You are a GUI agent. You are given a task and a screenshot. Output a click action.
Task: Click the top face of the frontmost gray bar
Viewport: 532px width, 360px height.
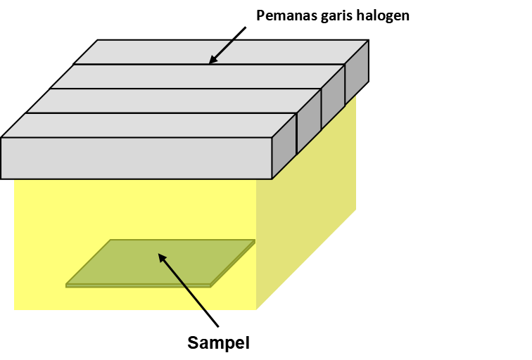tap(148, 125)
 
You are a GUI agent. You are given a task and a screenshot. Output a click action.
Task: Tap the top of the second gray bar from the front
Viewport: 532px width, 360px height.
tap(172, 101)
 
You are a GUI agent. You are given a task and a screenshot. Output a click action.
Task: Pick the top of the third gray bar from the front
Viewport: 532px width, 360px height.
tap(197, 76)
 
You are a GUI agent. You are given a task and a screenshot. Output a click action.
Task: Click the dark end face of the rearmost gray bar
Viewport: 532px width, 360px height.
tap(356, 73)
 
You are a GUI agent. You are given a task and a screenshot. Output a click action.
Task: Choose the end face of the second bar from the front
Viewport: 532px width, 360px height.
tap(309, 120)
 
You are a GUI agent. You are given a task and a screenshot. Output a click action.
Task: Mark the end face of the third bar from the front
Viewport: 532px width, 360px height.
tap(333, 96)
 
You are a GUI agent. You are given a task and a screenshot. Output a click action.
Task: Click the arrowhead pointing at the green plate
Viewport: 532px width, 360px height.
tap(161, 257)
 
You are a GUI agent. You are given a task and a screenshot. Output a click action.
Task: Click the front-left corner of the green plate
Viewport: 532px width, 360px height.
tap(66, 284)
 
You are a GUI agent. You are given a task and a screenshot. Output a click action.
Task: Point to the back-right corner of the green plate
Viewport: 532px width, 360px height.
tap(254, 240)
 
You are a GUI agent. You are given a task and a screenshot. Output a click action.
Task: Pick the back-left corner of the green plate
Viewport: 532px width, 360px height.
tap(110, 240)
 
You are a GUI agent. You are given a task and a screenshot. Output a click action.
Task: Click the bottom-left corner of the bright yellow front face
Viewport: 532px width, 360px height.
tap(15, 309)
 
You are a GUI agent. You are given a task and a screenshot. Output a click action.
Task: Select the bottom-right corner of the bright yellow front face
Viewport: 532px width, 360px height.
tap(256, 309)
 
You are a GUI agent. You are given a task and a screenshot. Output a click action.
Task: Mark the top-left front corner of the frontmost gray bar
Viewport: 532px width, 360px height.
tap(2, 138)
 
